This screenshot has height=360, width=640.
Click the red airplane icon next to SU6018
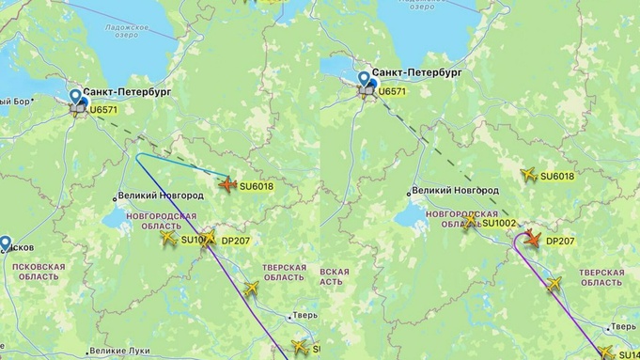pyautogui.click(x=227, y=185)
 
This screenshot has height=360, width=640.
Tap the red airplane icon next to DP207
pyautogui.click(x=532, y=240)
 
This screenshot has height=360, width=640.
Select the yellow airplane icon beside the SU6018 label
pyautogui.click(x=529, y=175)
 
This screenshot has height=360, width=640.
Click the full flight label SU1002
pyautogui.click(x=499, y=223)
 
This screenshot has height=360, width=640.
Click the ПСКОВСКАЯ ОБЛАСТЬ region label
pyautogui.click(x=39, y=273)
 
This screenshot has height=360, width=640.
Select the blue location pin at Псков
pyautogui.click(x=6, y=243)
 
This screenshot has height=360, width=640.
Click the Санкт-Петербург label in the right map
pyautogui.click(x=415, y=72)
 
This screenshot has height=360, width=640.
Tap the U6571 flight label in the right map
pyautogui.click(x=392, y=91)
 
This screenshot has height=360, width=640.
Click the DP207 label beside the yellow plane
pyautogui.click(x=235, y=241)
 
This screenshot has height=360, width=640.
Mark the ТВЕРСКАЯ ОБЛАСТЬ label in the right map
pyautogui.click(x=601, y=277)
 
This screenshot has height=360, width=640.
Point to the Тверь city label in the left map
pyautogui.click(x=306, y=315)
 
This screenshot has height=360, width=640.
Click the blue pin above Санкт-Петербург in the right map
pyautogui.click(x=364, y=79)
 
